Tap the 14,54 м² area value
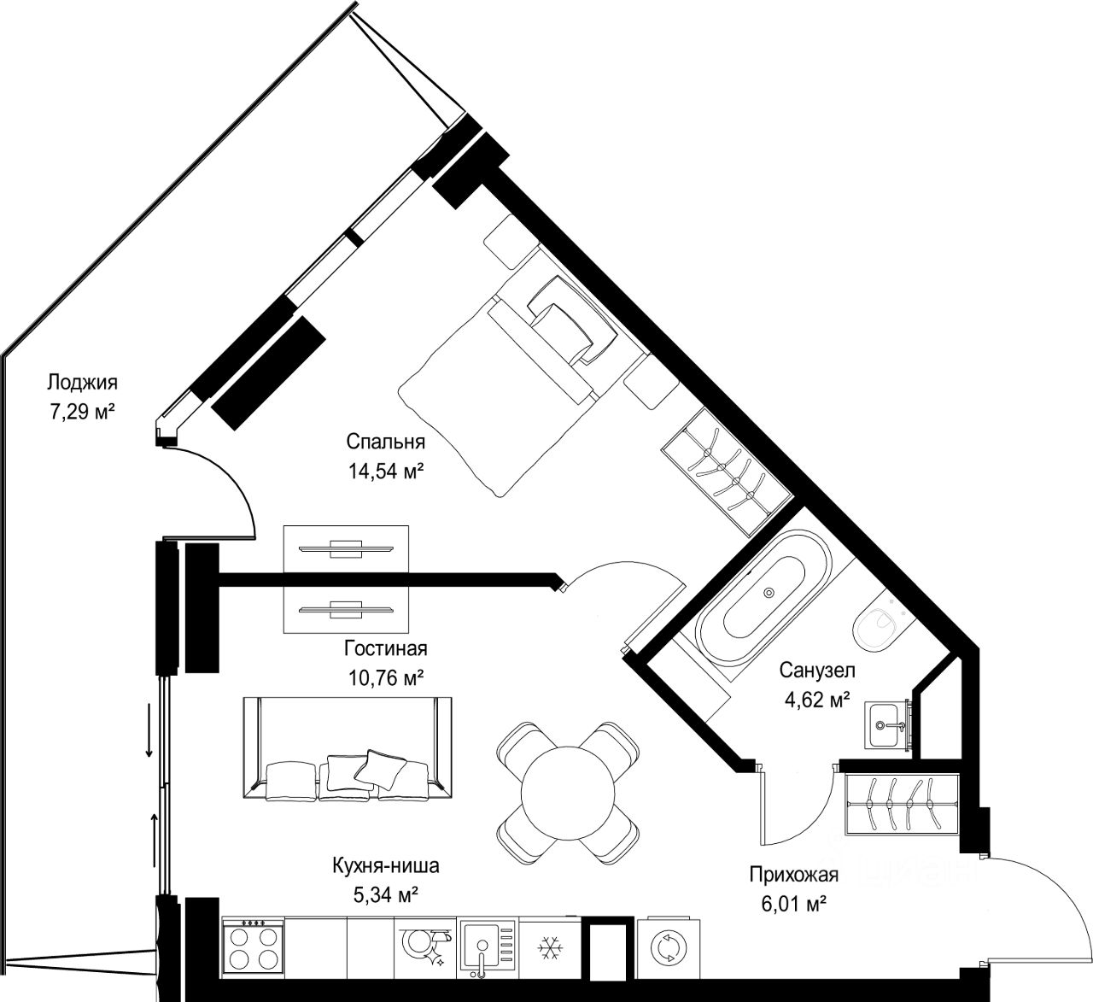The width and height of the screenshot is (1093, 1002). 386,471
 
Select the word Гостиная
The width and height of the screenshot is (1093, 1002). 386,648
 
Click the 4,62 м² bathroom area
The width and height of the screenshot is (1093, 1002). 817,700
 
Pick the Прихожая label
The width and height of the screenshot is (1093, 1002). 794,875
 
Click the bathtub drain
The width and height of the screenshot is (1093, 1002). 769,592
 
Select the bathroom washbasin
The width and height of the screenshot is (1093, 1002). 887,725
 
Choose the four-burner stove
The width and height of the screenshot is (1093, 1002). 252,947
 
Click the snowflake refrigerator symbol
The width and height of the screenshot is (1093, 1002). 549,948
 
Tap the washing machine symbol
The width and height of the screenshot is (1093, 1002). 669,948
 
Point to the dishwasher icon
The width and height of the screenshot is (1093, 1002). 425,946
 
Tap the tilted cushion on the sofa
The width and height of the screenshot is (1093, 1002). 380,769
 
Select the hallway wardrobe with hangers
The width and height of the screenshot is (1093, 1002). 901,804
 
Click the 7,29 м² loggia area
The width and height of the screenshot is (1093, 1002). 82,412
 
